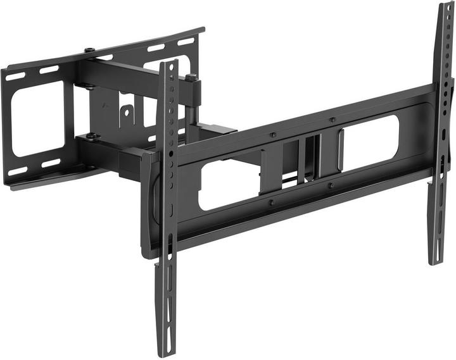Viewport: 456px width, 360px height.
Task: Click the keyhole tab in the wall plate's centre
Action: [127, 114]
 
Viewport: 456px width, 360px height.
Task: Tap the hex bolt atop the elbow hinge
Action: [191, 78]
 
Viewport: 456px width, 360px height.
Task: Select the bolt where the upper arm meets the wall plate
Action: [89, 51]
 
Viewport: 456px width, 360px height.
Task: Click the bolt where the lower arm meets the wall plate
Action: [92, 135]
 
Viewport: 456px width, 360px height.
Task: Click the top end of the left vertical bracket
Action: [168, 64]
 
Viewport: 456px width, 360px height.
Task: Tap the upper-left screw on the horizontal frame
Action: [273, 135]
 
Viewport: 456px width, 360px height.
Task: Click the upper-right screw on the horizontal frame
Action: [331, 120]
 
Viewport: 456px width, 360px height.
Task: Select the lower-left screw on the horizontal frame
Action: [271, 202]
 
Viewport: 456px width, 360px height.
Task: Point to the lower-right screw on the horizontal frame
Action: [330, 185]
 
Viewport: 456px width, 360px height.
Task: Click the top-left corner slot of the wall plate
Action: [15, 76]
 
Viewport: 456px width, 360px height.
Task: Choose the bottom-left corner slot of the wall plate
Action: [17, 171]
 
